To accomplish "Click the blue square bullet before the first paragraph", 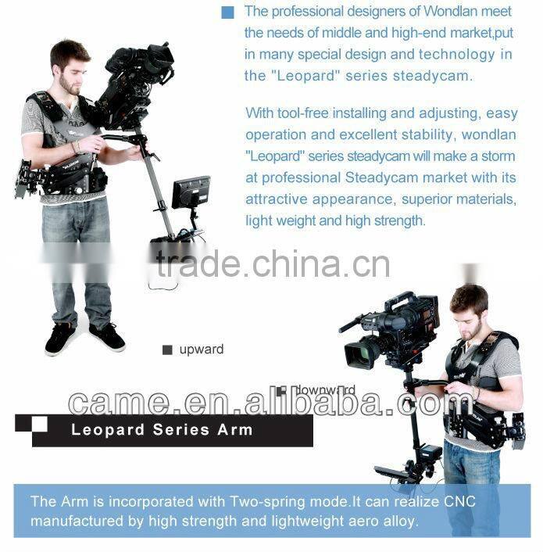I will (x=228, y=13).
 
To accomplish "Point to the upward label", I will (x=201, y=349).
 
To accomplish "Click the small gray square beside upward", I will (x=167, y=350).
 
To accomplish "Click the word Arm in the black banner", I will (x=235, y=430).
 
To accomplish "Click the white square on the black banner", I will (x=39, y=424).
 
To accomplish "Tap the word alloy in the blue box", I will (x=399, y=520).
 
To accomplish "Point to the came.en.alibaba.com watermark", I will (x=270, y=402).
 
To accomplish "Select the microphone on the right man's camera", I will (x=351, y=323).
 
